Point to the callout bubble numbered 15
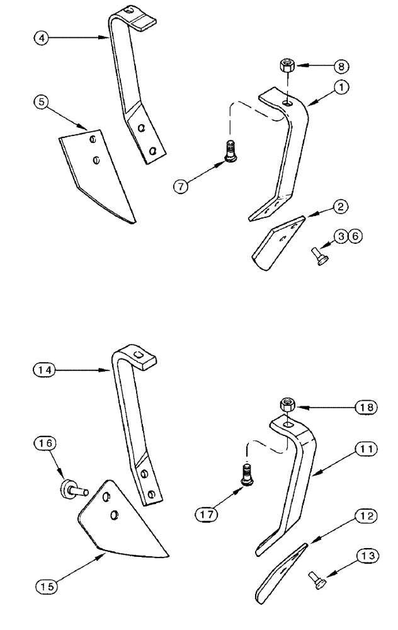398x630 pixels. pyautogui.click(x=45, y=585)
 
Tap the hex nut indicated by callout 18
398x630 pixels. pyautogui.click(x=287, y=404)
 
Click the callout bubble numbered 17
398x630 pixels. pyautogui.click(x=207, y=514)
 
